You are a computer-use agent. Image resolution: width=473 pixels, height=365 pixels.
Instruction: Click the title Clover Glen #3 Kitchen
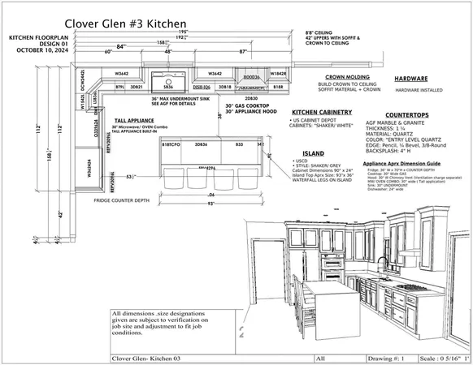point(124,24)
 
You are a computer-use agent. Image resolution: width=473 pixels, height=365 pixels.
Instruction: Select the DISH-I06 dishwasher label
point(201,86)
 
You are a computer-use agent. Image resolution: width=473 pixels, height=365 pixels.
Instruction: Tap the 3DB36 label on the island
point(200,143)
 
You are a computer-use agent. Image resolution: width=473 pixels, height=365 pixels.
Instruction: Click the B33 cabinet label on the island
point(239,143)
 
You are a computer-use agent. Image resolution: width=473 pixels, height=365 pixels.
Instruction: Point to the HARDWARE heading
point(411,79)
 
